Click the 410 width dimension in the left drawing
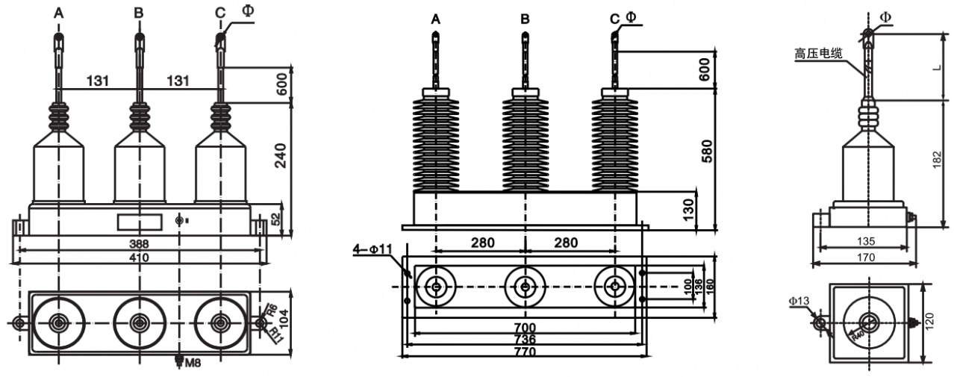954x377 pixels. [x=139, y=258]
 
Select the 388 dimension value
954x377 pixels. [x=139, y=245]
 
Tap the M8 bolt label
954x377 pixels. [x=192, y=363]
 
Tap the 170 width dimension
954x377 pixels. [x=865, y=258]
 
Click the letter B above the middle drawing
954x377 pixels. [x=526, y=18]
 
